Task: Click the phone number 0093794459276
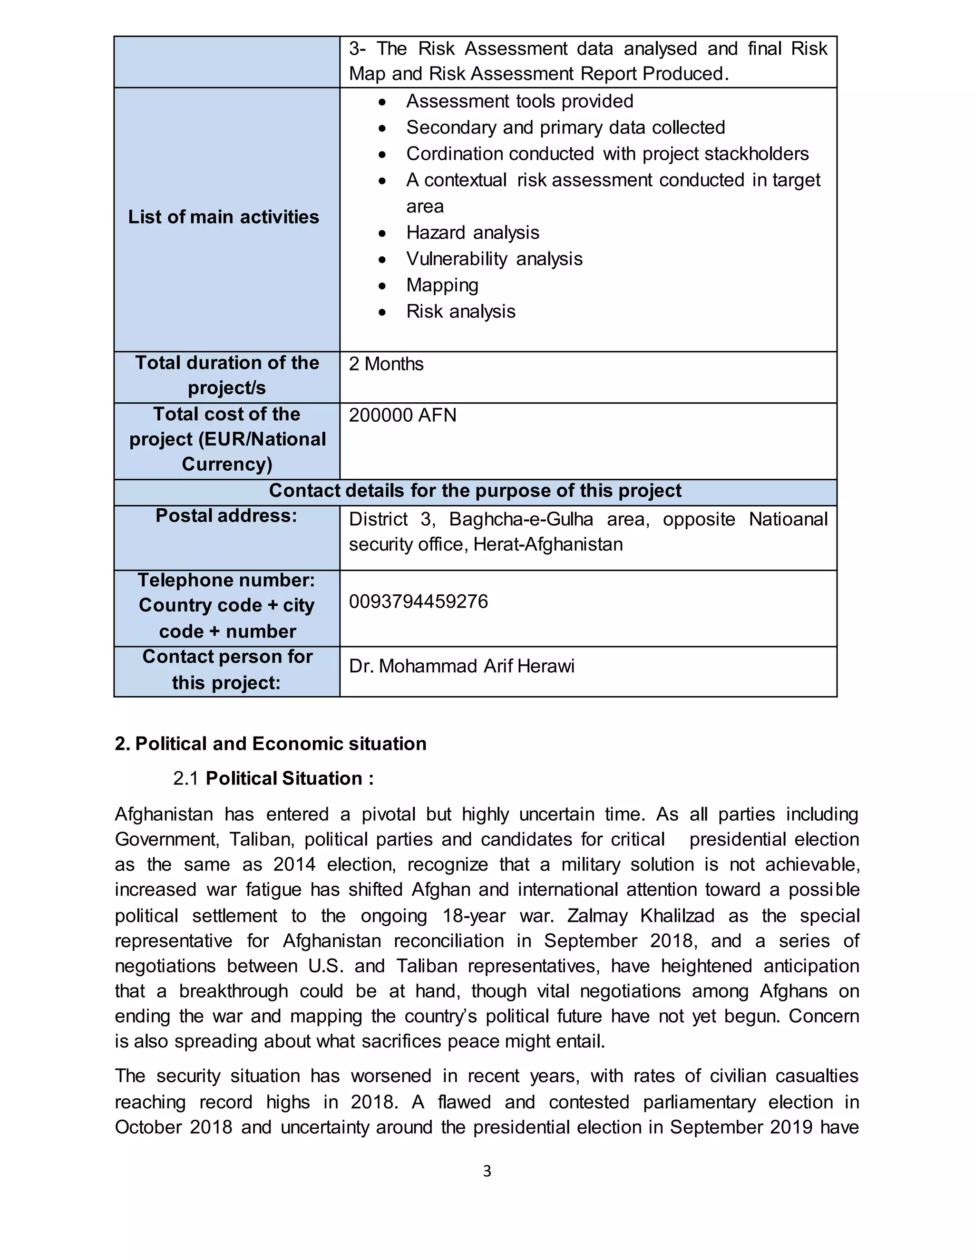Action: coord(419,602)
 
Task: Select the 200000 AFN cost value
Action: coord(402,416)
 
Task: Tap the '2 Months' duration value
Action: coord(386,364)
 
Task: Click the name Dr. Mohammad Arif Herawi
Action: coord(462,666)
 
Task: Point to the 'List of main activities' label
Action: coord(224,217)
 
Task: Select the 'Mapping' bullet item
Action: coord(442,285)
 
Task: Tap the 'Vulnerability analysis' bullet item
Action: coord(494,259)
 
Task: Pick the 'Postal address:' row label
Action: coord(226,516)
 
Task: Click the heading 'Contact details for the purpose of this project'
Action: coord(475,491)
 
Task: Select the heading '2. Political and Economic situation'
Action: coord(270,744)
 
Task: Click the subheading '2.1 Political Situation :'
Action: coord(273,778)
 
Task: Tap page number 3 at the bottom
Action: coord(487,1171)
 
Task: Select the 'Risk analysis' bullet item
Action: coord(460,311)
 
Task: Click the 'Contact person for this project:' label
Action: coord(227,670)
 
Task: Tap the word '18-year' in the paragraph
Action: coord(474,916)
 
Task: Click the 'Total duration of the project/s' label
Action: coord(227,375)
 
